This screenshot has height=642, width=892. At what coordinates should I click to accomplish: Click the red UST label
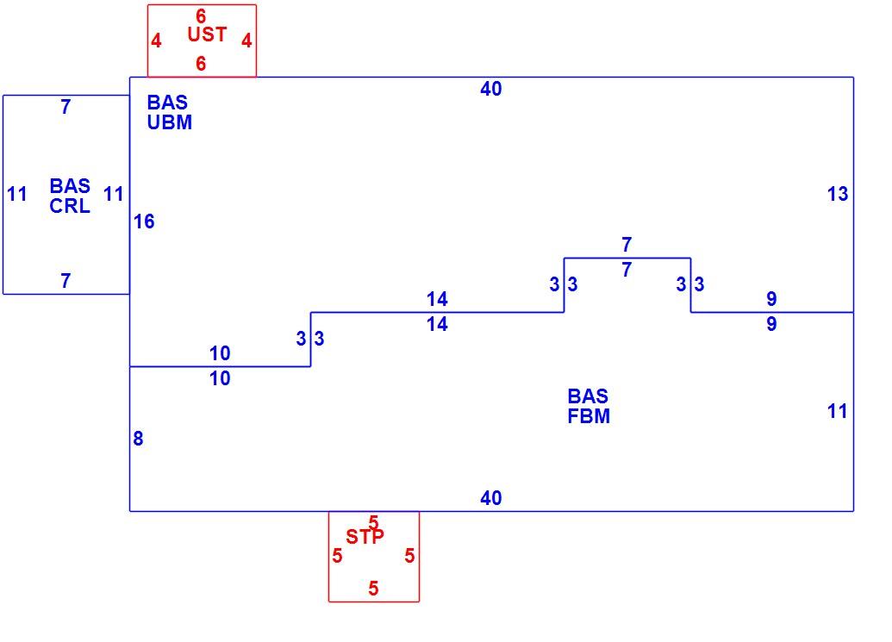[x=207, y=34]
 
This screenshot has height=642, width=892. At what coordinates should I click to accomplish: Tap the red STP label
[x=365, y=536]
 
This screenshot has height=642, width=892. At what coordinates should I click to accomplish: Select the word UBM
[x=170, y=122]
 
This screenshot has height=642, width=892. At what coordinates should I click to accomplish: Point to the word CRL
[x=70, y=206]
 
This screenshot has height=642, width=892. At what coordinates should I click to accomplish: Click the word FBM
[x=589, y=416]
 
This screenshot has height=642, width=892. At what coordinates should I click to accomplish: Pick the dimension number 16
[x=144, y=221]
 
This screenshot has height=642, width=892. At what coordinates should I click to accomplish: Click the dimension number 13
[x=838, y=194]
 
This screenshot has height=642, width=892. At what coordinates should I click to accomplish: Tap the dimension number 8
[x=138, y=439]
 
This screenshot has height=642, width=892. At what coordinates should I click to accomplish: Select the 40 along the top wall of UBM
[x=491, y=89]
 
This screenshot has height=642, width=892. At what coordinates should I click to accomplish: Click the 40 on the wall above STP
[x=491, y=498]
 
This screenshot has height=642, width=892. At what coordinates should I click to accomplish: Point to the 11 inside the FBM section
[x=838, y=411]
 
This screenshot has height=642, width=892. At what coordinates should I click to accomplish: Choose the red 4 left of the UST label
[x=157, y=41]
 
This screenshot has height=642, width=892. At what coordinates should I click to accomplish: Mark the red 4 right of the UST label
[x=246, y=41]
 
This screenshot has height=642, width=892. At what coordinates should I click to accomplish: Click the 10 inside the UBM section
[x=220, y=353]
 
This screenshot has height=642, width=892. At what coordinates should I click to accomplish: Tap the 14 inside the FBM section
[x=437, y=324]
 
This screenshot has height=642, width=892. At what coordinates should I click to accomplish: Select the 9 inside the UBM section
[x=771, y=298]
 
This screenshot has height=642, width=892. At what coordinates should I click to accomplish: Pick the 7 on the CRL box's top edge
[x=66, y=107]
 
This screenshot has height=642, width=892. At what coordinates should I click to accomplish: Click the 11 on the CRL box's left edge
[x=17, y=194]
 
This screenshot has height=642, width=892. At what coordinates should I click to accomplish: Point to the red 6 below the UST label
[x=201, y=64]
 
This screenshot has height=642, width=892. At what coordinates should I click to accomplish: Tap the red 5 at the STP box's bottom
[x=373, y=588]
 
